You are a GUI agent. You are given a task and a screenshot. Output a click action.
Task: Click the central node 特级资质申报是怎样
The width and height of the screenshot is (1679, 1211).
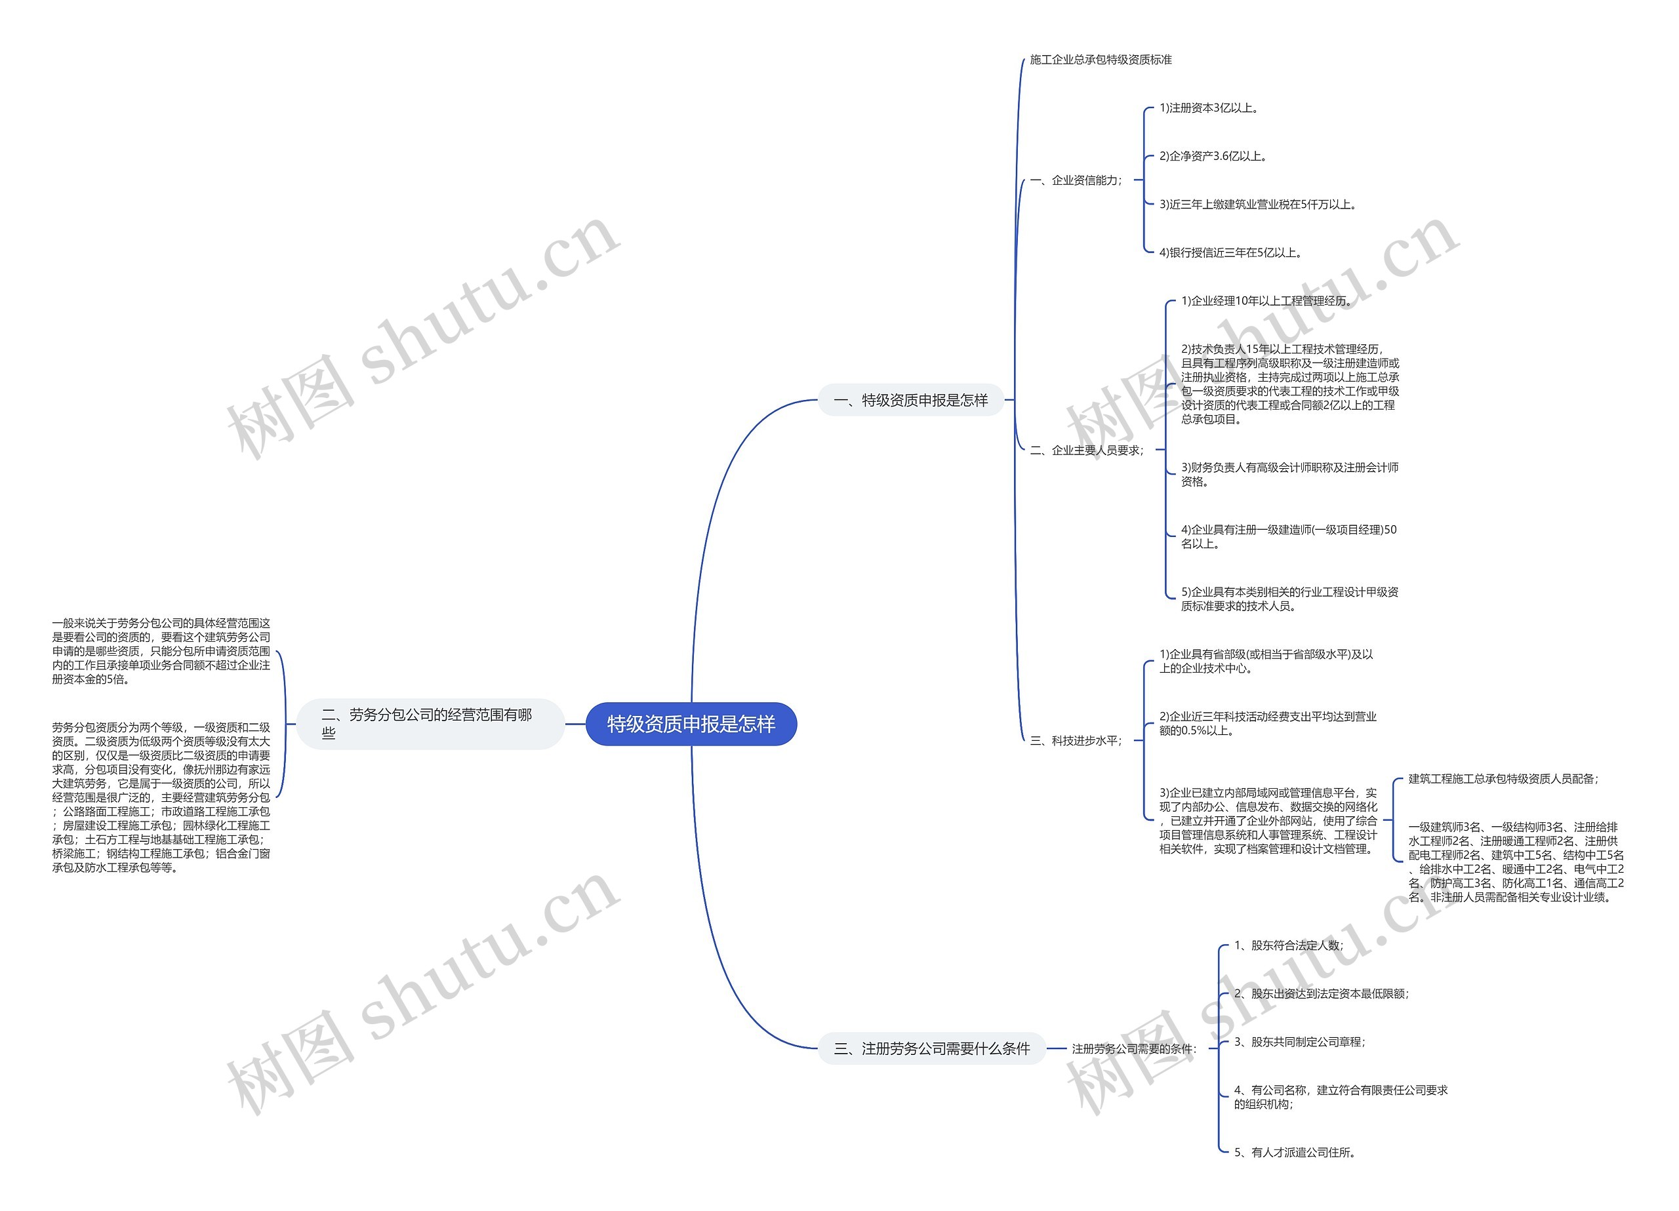(x=691, y=723)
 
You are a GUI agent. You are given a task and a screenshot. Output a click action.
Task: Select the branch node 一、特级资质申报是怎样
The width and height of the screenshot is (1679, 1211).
(x=910, y=400)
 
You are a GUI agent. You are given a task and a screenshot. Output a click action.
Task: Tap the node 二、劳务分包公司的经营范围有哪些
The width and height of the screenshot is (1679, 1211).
(x=431, y=723)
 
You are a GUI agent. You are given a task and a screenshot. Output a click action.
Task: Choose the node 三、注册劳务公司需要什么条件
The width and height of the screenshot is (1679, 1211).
(x=931, y=1048)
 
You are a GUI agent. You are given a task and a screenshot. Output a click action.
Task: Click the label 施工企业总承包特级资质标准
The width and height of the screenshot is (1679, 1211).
(x=1101, y=59)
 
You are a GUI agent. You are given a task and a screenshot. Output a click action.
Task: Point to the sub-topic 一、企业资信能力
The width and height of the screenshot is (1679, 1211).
(x=1076, y=180)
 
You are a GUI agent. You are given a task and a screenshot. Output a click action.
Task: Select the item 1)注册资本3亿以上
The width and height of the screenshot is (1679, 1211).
(x=1209, y=108)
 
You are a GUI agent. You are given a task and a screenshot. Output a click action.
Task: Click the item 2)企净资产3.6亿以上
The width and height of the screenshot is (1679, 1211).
(x=1214, y=155)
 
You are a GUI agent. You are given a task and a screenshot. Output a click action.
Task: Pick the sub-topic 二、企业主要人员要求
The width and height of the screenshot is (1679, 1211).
(x=1087, y=450)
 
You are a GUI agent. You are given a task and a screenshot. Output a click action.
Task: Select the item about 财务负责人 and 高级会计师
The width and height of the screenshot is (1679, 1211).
(x=1289, y=475)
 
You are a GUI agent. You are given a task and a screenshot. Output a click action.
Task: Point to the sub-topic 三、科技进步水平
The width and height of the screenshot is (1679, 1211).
(x=1076, y=740)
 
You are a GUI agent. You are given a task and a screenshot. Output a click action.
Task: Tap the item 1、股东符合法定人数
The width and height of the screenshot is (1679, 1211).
(x=1288, y=945)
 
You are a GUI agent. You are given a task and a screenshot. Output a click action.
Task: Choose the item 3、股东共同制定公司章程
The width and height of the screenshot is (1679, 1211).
(x=1299, y=1041)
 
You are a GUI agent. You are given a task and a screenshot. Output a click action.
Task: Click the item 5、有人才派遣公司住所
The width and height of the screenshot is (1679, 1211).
(x=1295, y=1152)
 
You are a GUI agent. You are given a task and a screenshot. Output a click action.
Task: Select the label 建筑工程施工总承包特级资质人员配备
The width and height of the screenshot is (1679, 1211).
(x=1503, y=779)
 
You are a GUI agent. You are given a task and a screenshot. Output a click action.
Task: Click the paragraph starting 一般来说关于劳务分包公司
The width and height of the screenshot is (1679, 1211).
(x=161, y=651)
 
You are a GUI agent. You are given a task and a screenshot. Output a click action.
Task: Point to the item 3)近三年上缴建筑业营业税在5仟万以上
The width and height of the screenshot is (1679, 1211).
(x=1259, y=205)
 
